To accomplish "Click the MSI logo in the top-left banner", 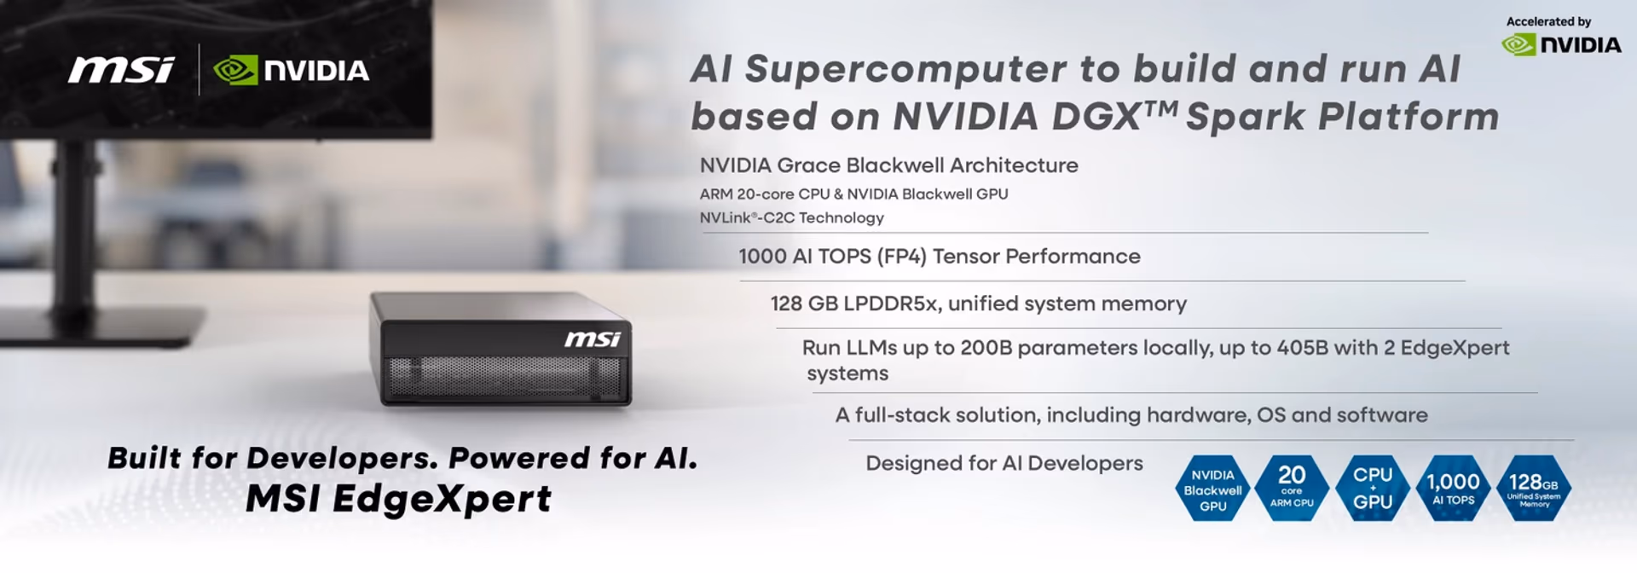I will tap(121, 70).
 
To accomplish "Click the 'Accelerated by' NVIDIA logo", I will tap(1561, 44).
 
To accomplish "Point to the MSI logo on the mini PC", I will tap(593, 339).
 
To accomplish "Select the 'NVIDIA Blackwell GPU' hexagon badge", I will tap(1212, 489).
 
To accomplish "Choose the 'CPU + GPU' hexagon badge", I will tap(1373, 488).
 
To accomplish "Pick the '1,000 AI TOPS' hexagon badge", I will tap(1453, 488).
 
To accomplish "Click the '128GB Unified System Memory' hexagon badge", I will tap(1534, 488).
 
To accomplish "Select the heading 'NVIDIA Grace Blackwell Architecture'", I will tap(888, 165).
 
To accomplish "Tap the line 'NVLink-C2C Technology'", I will tap(791, 218).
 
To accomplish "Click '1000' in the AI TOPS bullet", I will tap(762, 257).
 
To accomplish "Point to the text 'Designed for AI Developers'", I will tap(1004, 463).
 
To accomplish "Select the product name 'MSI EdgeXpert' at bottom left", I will tap(399, 499).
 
